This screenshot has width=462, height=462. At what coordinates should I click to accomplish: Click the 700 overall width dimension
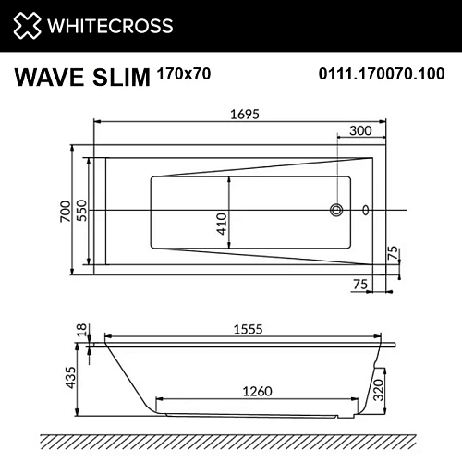[x=65, y=213]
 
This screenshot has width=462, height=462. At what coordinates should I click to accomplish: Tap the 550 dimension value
[x=81, y=213]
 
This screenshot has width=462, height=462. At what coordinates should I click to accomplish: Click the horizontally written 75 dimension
[x=360, y=285]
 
